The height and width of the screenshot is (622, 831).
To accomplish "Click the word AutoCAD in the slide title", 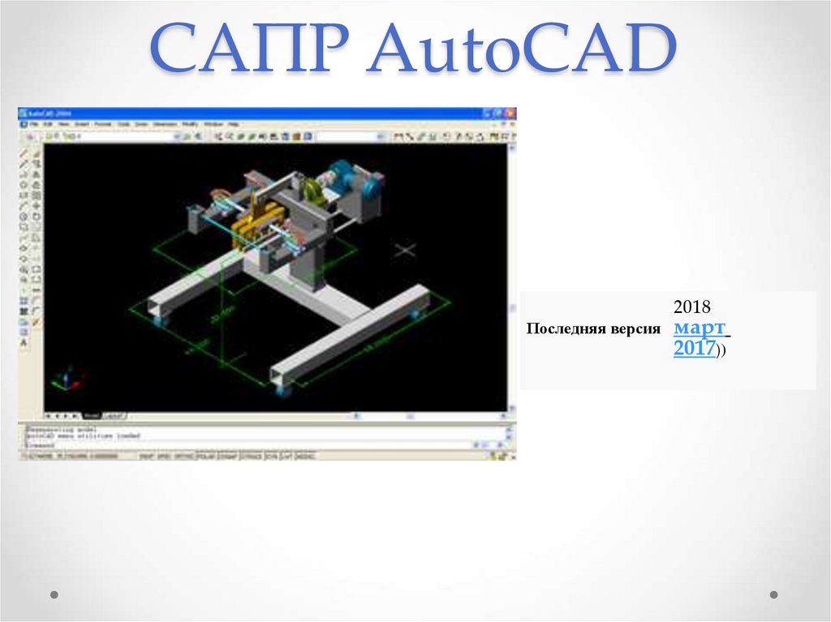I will pos(520,50).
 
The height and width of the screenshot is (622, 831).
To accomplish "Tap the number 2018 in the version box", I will pos(691,308).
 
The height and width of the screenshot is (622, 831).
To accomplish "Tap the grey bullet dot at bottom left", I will pos(54,594).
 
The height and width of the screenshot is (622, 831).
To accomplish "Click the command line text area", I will pos(243,435).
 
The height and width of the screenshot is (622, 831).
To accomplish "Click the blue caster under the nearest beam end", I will pos(284,393).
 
